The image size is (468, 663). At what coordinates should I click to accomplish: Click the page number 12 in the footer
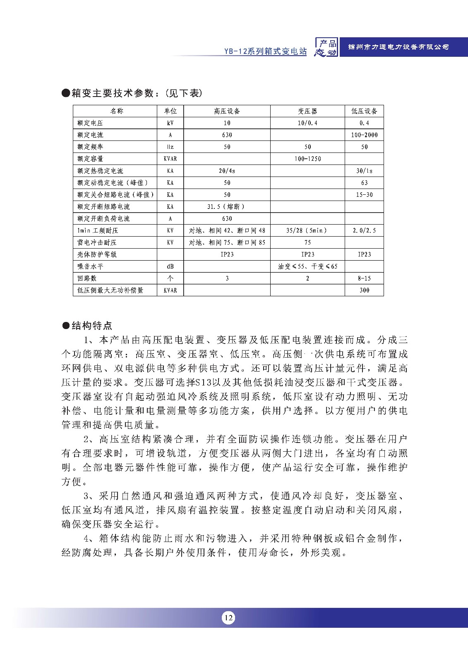click(x=228, y=618)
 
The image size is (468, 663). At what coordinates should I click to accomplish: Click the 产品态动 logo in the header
click(x=326, y=47)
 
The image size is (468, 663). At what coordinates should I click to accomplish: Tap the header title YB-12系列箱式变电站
click(x=265, y=51)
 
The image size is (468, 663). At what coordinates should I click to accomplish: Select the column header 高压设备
click(x=227, y=111)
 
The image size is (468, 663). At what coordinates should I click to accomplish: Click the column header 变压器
click(x=307, y=111)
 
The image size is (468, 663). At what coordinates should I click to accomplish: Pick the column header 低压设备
click(x=364, y=111)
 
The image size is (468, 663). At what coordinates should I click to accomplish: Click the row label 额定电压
click(x=90, y=123)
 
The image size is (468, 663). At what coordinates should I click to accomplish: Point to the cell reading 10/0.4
click(x=307, y=123)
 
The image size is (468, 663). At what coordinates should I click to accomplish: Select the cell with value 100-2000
click(x=364, y=135)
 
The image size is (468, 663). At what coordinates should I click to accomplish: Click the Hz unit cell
click(x=170, y=147)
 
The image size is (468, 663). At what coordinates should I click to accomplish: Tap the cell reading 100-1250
click(x=307, y=159)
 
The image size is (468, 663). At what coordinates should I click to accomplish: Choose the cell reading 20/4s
click(x=227, y=171)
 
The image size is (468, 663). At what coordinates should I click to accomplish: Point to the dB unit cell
click(x=170, y=266)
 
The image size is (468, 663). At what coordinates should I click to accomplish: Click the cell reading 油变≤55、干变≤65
click(x=307, y=266)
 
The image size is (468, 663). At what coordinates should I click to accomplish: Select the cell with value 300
click(x=364, y=290)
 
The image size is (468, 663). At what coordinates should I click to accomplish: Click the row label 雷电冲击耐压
click(x=97, y=242)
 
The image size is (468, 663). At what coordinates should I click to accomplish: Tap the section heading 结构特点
click(x=91, y=326)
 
